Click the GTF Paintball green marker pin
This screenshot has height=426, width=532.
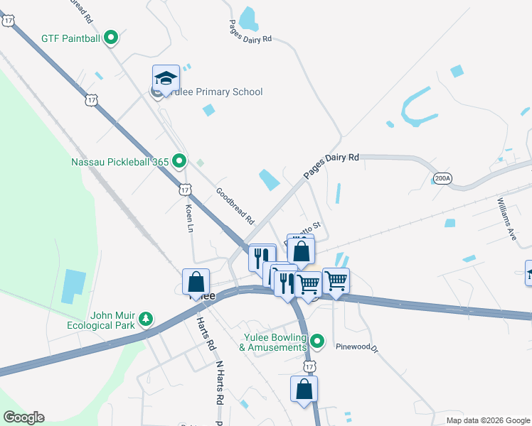pos(111,38)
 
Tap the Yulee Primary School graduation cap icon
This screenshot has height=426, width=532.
pos(165,77)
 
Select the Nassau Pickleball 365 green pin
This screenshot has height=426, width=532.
pos(179,162)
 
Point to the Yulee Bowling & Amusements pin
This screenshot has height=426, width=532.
pos(319,340)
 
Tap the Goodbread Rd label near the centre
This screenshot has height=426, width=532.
pos(235,207)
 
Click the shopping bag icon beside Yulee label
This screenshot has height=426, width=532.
pos(196,281)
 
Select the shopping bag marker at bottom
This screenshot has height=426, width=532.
pos(304,388)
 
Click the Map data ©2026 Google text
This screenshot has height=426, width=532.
pos(487,420)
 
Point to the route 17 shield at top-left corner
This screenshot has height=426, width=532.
pos(8,21)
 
